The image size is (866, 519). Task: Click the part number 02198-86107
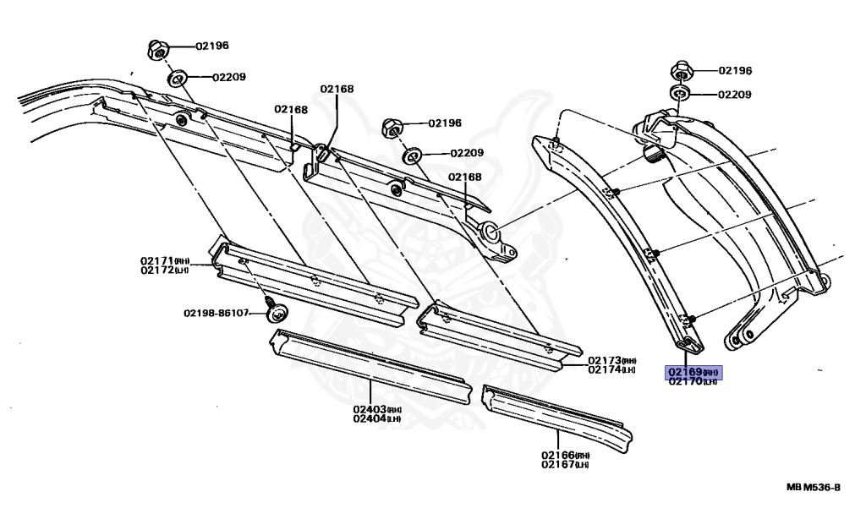[x=216, y=313]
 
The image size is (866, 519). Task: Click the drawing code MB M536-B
[x=813, y=488]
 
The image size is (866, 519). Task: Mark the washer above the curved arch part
[x=682, y=94]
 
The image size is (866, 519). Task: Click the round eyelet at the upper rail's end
[x=490, y=231]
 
